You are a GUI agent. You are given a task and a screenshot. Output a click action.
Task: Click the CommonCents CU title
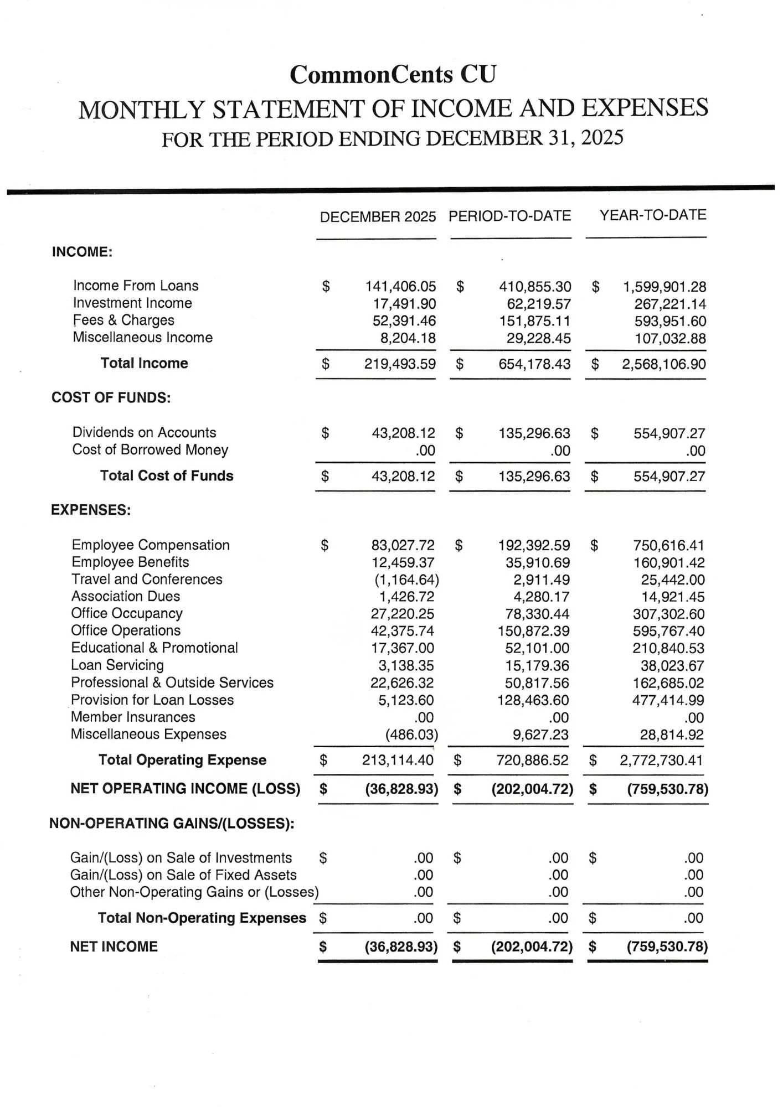[x=393, y=75]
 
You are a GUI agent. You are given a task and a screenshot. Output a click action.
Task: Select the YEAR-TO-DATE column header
[x=653, y=215]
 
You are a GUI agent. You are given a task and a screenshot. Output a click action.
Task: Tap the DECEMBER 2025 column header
[x=378, y=217]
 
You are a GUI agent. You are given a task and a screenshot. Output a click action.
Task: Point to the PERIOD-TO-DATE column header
[x=509, y=216]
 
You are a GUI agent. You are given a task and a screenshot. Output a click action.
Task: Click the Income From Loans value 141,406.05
[x=400, y=287]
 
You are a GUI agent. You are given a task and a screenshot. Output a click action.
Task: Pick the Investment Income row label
[x=132, y=303]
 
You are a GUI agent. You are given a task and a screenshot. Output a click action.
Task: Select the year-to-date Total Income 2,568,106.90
[x=664, y=364]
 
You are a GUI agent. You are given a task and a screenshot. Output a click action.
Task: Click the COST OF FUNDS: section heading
[x=111, y=398]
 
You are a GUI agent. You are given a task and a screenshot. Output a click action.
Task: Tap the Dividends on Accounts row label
[x=144, y=433]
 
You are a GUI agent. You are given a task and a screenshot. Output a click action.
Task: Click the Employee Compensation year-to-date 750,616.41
[x=669, y=546]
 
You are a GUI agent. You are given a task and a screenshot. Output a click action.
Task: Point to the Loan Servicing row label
[x=117, y=665]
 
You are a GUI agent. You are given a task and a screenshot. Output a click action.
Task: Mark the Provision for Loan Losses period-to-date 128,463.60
[x=533, y=700]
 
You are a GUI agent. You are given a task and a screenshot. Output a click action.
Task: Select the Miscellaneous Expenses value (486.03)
[x=411, y=735]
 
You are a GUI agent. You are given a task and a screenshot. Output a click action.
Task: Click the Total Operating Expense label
[x=182, y=760]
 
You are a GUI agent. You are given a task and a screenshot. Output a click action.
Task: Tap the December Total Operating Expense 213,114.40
[x=398, y=761]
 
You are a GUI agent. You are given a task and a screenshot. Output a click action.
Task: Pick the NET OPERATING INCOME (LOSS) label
[x=185, y=789]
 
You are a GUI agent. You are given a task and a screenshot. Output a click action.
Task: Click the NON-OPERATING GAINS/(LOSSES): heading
[x=172, y=824]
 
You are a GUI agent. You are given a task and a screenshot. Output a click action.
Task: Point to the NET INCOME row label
[x=114, y=946]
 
